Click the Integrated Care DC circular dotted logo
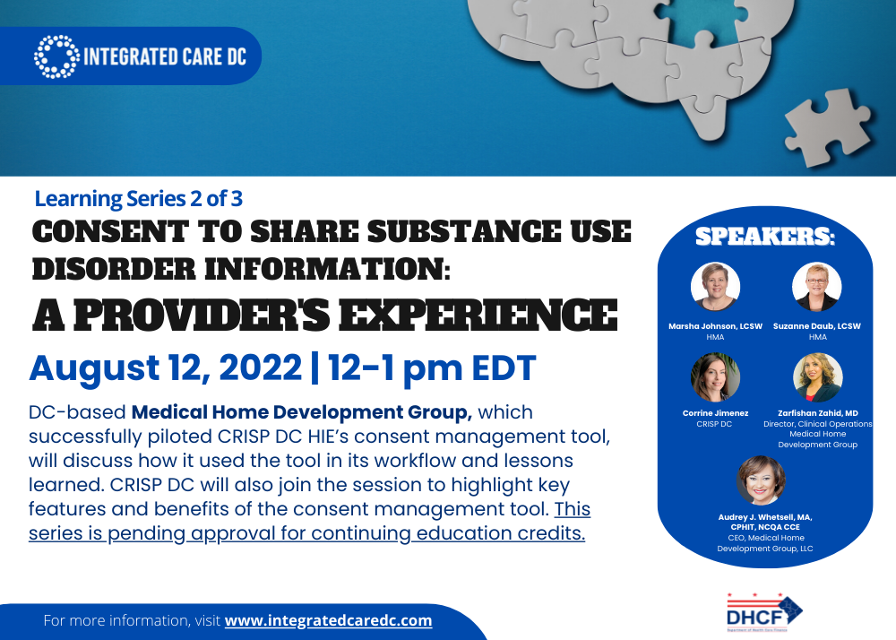(56, 56)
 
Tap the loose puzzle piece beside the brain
(828, 127)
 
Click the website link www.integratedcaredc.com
(329, 620)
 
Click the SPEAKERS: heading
(765, 236)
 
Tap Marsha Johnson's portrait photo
(715, 287)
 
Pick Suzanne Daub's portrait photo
(817, 287)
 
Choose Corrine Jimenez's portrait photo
(715, 377)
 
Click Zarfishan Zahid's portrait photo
(818, 377)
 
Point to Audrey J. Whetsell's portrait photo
(761, 480)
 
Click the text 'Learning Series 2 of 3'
(138, 199)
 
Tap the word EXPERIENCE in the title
(478, 316)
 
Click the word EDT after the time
(504, 368)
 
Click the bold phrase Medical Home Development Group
(302, 412)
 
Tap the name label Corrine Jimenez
(715, 413)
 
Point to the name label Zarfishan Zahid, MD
(818, 413)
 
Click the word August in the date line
(94, 368)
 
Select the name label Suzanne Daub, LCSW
(817, 326)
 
